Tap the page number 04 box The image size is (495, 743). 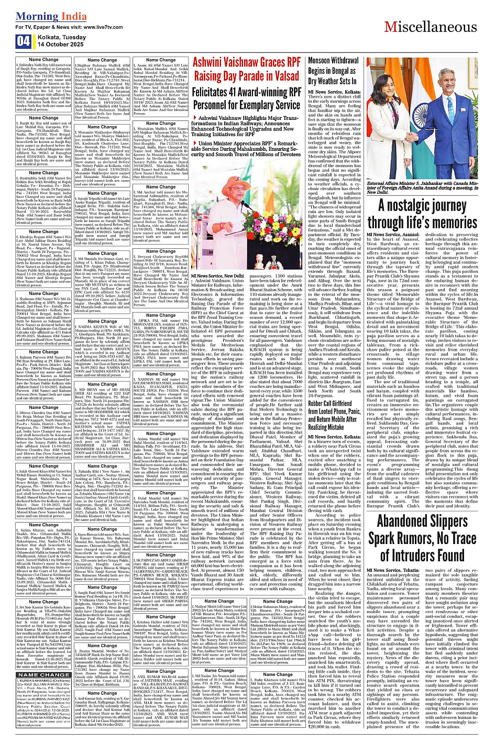point(23,41)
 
